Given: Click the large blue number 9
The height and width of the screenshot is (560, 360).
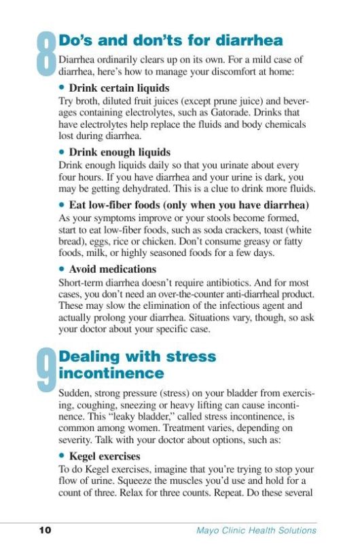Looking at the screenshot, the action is pos(46,369).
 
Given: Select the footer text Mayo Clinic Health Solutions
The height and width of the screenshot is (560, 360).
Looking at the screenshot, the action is pos(251,531).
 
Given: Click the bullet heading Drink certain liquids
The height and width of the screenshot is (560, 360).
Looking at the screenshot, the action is pos(119,88).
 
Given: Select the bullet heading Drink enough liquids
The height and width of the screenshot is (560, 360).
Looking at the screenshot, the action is pos(120,153).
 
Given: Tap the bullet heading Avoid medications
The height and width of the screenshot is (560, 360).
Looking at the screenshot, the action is pos(112,269).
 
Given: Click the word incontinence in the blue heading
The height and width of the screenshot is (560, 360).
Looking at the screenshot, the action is pos(111,373).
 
